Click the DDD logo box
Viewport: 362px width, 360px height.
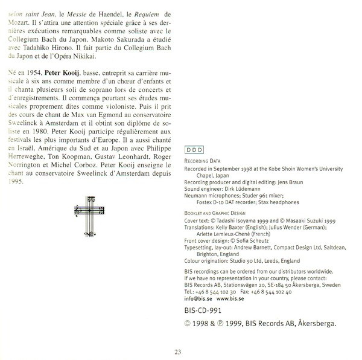point(194,148)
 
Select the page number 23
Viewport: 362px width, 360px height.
point(178,352)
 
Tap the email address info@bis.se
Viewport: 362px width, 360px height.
point(198,298)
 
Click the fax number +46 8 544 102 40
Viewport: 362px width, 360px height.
point(275,291)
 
